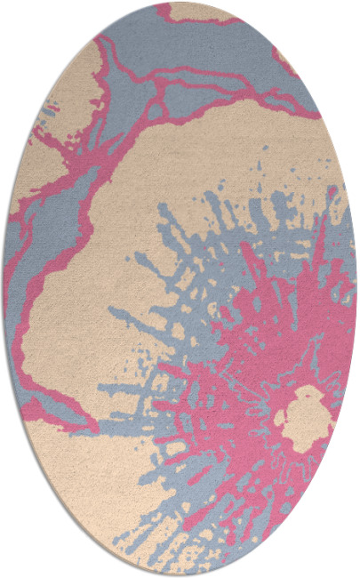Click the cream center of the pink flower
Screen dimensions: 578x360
[x=305, y=414]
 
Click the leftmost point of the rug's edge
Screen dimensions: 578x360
[x=4, y=289]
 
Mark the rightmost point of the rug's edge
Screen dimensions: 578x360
[x=356, y=289]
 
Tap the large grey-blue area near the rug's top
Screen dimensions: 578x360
[x=213, y=53]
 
